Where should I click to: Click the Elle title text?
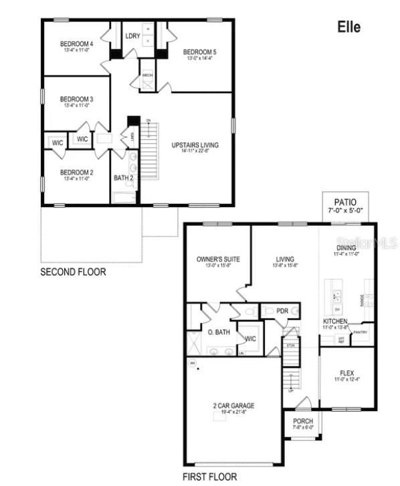(348, 27)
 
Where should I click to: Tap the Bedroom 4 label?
(76, 45)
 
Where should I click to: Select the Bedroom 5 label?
(200, 51)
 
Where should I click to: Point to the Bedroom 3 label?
(76, 100)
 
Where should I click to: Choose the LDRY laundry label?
(132, 35)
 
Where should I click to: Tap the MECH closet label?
(148, 76)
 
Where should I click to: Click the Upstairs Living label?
(195, 145)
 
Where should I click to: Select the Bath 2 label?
(123, 178)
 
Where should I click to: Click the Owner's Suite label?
(218, 259)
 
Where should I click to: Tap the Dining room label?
(346, 248)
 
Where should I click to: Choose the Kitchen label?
(335, 322)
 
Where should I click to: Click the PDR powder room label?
(282, 311)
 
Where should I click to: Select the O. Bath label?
(219, 332)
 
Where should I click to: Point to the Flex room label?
(346, 373)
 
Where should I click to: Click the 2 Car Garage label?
(233, 406)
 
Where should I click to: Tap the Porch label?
(303, 421)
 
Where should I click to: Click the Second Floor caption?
(73, 272)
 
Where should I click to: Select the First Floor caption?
(209, 477)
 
